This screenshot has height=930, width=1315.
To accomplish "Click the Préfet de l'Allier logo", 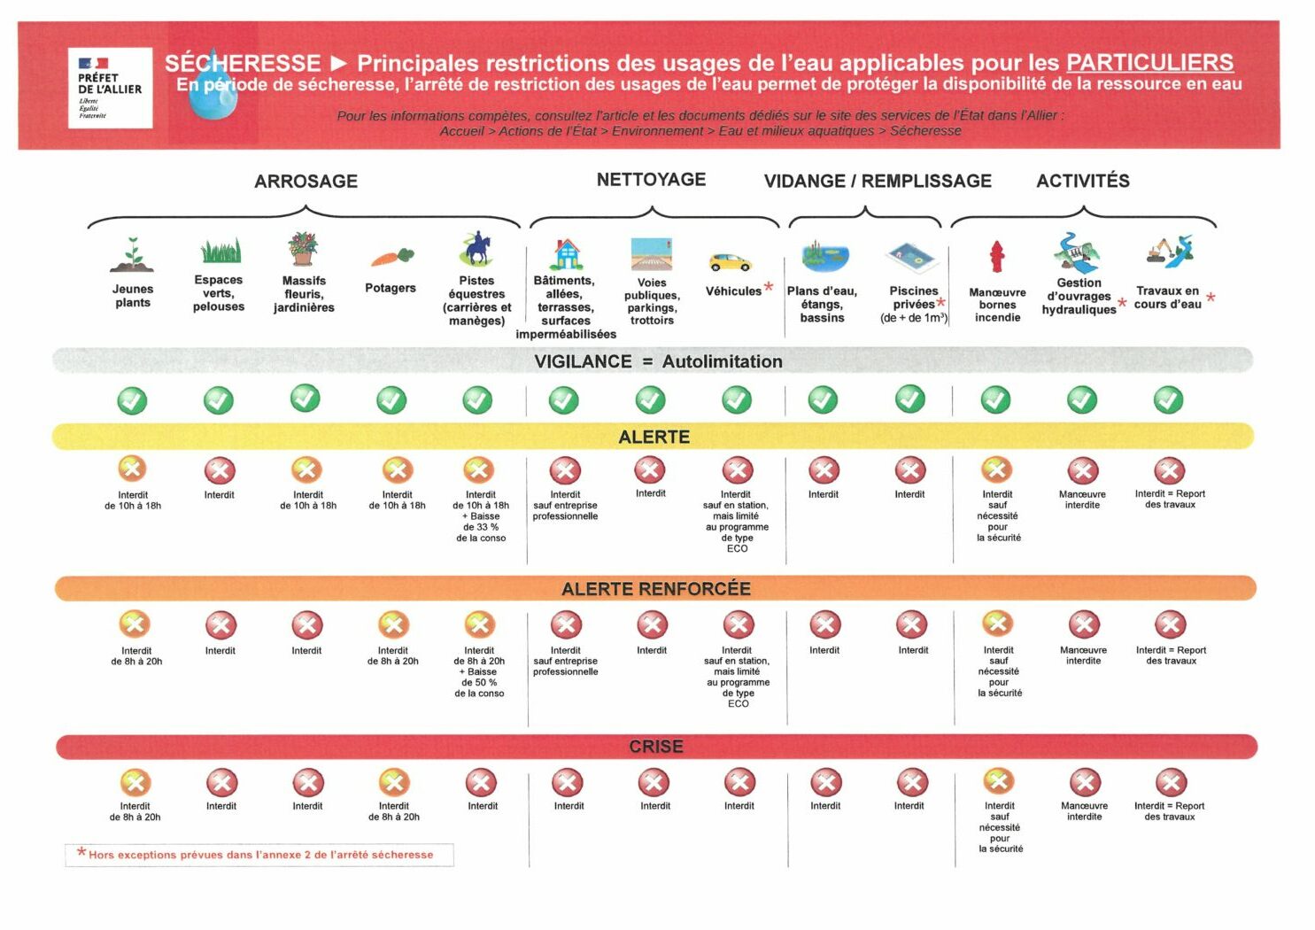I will [x=110, y=88].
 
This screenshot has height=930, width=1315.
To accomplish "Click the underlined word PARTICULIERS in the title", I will [x=1149, y=63].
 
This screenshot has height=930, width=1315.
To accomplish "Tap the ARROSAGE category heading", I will [x=306, y=182].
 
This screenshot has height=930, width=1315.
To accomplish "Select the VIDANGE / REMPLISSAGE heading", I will [x=878, y=182].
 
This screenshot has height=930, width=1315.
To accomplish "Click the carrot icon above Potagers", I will [x=391, y=257].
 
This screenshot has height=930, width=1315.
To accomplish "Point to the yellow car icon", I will [x=730, y=262].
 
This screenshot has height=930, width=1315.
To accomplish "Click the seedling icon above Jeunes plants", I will [x=133, y=255].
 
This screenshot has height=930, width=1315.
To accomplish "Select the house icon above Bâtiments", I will [x=566, y=254].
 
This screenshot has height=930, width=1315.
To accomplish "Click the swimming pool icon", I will [x=911, y=257].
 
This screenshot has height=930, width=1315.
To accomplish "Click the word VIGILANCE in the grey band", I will [x=583, y=361].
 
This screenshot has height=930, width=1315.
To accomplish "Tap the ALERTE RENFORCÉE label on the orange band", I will [x=655, y=589].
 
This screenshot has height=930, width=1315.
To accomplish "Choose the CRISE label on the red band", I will [x=655, y=747].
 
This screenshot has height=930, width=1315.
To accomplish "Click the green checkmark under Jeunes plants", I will [x=133, y=400].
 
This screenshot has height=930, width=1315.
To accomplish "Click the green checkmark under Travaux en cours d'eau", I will [x=1168, y=400].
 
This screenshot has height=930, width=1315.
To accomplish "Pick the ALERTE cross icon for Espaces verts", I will [x=220, y=470].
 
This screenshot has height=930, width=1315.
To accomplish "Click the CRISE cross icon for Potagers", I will [x=394, y=782].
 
